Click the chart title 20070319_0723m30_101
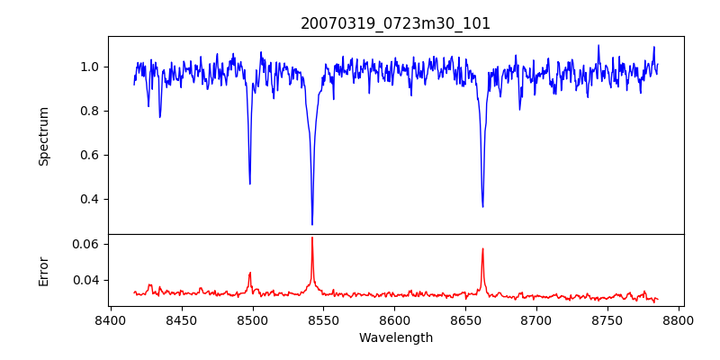pos(396,24)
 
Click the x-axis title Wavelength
pos(396,337)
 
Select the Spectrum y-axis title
pos(44,136)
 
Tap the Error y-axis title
pos(44,271)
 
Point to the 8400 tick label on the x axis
pos(110,319)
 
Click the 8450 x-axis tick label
pos(181,319)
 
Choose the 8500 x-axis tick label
pos(252,319)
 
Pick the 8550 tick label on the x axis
pos(323,319)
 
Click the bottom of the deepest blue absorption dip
pos(312,224)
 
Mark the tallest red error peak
pos(312,238)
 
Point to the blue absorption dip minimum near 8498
pos(249,184)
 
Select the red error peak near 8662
pos(482,249)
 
